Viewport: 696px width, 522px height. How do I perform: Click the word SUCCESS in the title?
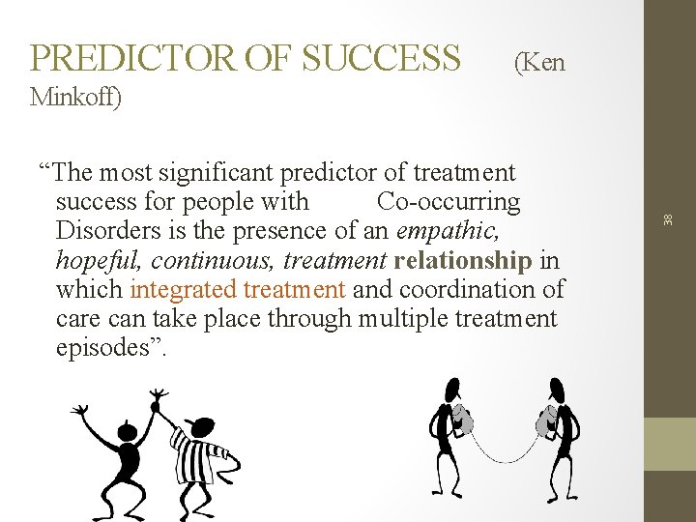pos(381,59)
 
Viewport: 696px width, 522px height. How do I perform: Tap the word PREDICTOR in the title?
pos(133,59)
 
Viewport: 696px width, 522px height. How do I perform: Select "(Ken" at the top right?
pos(539,64)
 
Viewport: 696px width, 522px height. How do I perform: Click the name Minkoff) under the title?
pos(76,98)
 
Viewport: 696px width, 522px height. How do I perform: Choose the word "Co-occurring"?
pos(449,202)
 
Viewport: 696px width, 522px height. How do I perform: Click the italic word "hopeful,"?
pos(100,260)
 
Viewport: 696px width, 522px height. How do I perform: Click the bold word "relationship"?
pos(463,260)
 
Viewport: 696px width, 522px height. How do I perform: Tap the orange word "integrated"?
pos(183,289)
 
